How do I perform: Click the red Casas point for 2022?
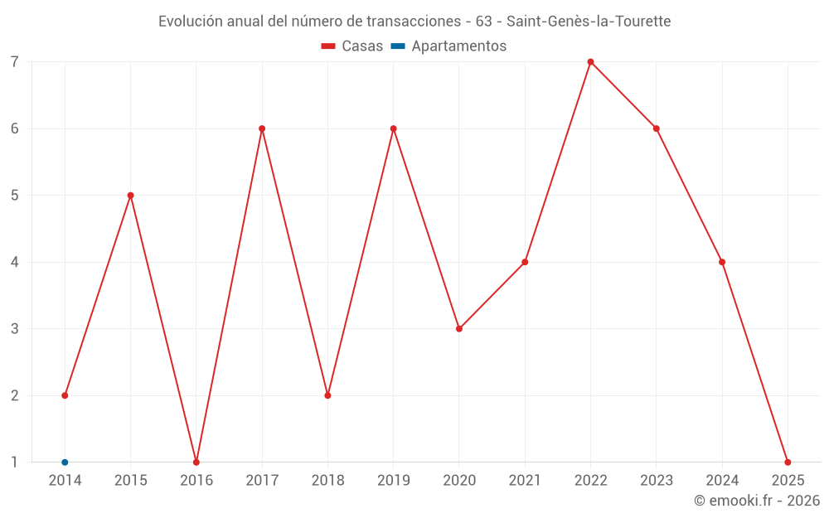(590, 61)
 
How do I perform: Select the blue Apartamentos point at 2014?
(65, 462)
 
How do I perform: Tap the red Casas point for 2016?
(196, 462)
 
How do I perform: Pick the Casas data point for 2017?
(262, 128)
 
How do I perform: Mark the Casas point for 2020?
(459, 329)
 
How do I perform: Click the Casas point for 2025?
(788, 462)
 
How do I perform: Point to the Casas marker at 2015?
(130, 196)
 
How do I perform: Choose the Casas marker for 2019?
(394, 128)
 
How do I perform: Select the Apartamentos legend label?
(458, 46)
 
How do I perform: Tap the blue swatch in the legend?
(397, 46)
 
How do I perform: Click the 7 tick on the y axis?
(15, 62)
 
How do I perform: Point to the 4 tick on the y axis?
(15, 263)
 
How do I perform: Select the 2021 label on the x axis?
(525, 481)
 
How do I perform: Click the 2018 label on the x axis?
(327, 481)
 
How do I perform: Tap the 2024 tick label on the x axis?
(722, 481)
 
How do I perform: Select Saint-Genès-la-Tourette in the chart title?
(589, 22)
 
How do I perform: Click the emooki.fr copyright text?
(757, 501)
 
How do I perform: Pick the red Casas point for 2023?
(656, 128)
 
